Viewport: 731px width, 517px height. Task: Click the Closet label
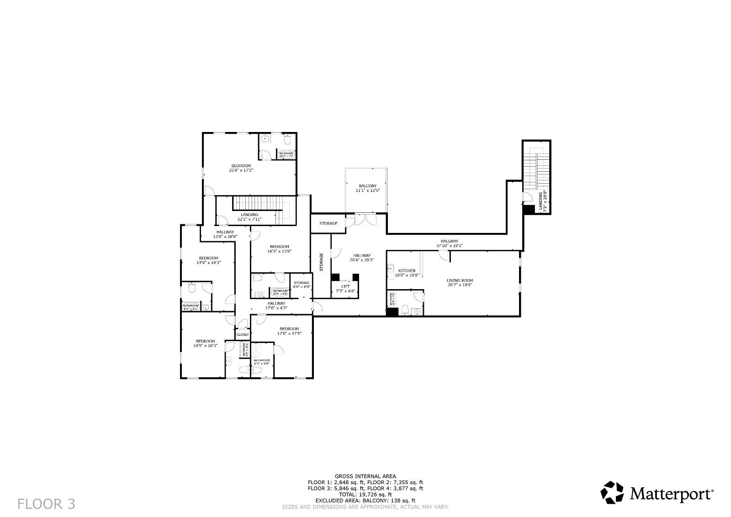click(243, 334)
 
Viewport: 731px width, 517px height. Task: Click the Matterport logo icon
click(612, 493)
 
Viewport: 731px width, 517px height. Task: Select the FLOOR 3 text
click(46, 504)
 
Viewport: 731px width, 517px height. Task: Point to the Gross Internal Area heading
click(365, 476)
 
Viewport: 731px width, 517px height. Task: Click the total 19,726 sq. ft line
click(365, 494)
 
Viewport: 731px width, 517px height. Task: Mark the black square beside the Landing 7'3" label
click(529, 209)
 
